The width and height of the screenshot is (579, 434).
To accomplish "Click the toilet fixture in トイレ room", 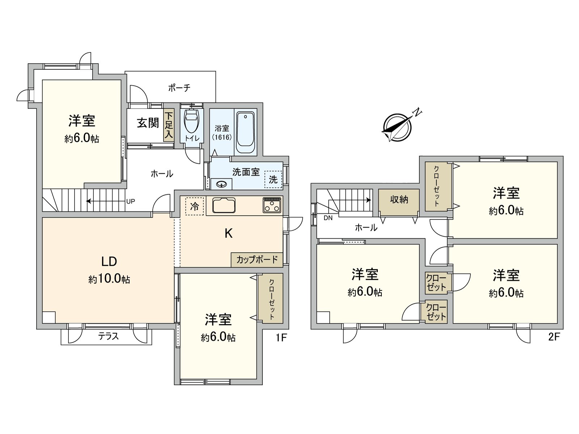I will pyautogui.click(x=191, y=121).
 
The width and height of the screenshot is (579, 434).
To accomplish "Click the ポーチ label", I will pyautogui.click(x=179, y=88).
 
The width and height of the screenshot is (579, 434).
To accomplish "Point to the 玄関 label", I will pyautogui.click(x=148, y=123).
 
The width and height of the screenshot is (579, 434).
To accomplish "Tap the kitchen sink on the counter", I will pyautogui.click(x=224, y=205).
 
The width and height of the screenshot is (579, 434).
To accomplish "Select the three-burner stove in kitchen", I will pyautogui.click(x=272, y=205).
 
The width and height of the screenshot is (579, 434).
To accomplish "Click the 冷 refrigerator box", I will pyautogui.click(x=195, y=206).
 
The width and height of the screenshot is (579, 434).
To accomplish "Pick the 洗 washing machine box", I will pyautogui.click(x=273, y=179).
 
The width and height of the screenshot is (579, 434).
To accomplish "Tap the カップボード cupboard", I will pyautogui.click(x=257, y=260).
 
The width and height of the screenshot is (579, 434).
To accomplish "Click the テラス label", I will pyautogui.click(x=109, y=336).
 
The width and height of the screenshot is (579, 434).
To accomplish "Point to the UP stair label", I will pyautogui.click(x=130, y=201).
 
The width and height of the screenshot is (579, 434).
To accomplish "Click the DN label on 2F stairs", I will pyautogui.click(x=328, y=218).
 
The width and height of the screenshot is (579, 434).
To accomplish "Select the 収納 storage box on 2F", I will pyautogui.click(x=399, y=200).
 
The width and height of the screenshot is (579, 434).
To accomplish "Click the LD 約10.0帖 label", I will pyautogui.click(x=109, y=269).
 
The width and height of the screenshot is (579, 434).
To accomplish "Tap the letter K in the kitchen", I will pyautogui.click(x=228, y=234).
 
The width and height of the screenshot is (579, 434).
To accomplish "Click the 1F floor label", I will pyautogui.click(x=281, y=337).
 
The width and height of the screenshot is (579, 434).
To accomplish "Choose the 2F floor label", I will pyautogui.click(x=554, y=337).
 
